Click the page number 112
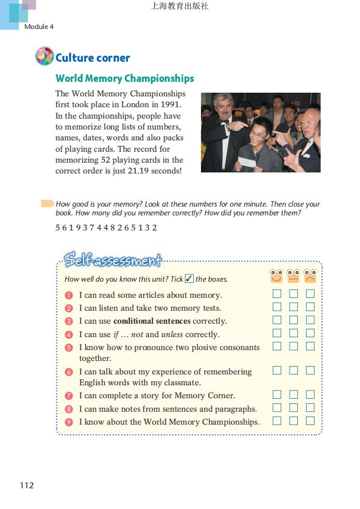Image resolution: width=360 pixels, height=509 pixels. [x=26, y=485]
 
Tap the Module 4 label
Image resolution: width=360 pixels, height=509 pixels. [x=39, y=26]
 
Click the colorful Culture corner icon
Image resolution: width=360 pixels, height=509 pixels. [x=45, y=56]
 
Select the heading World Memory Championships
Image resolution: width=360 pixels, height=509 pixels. [x=125, y=79]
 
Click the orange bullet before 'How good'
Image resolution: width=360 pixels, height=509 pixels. [x=47, y=204]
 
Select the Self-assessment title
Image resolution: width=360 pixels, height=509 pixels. [x=112, y=259]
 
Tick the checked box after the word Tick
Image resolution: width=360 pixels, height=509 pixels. [x=189, y=279]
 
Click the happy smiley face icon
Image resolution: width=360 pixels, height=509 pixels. [x=277, y=276]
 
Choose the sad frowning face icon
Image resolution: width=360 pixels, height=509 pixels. [x=310, y=276]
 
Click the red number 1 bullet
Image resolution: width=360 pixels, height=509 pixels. [x=69, y=296]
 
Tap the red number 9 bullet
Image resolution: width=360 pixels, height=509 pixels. [x=69, y=422]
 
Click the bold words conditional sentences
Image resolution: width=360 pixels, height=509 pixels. [x=152, y=321]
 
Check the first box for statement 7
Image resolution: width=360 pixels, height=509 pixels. [x=277, y=395]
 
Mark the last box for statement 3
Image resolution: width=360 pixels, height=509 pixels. [x=310, y=321]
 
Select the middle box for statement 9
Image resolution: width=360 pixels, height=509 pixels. [x=294, y=421]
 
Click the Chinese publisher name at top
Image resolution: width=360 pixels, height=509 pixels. [x=180, y=6]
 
